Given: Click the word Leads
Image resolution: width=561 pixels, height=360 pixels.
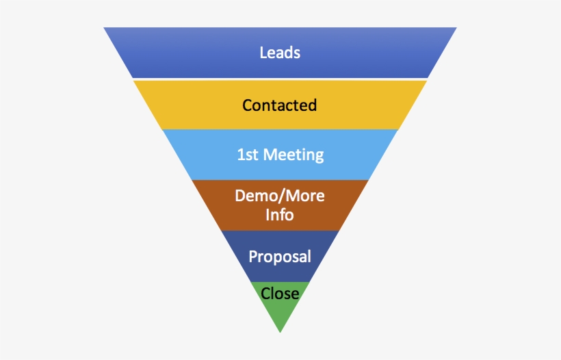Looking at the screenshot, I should (x=280, y=53).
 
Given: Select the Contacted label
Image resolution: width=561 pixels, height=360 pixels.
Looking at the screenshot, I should (x=279, y=105).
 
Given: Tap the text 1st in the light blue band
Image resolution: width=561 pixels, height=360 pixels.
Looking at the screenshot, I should (x=248, y=155).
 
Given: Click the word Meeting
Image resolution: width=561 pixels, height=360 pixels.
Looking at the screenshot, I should (x=293, y=155).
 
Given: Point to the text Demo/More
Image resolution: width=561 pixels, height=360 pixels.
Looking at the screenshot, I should (x=280, y=196).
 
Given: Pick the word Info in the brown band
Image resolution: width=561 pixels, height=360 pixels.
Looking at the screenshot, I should (x=280, y=215).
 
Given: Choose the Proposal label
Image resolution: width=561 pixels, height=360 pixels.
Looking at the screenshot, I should (x=280, y=257).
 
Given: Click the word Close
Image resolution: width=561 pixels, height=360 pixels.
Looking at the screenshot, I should (x=280, y=294).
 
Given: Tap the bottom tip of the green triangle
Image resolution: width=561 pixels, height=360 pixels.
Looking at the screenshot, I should (x=280, y=331).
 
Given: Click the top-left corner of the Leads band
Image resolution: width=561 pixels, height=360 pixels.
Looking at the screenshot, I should (x=105, y=29).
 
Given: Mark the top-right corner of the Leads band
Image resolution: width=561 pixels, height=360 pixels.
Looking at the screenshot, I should (x=456, y=29).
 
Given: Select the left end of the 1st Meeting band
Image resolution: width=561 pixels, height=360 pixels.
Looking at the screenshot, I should (x=178, y=155).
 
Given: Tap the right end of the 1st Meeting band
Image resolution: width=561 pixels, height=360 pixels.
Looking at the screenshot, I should (x=383, y=155).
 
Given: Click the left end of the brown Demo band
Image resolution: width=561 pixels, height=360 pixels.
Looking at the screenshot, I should (x=207, y=205).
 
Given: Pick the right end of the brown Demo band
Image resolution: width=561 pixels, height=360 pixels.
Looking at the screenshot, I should (x=354, y=205).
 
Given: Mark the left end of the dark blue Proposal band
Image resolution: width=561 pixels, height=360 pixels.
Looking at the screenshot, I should (x=236, y=257).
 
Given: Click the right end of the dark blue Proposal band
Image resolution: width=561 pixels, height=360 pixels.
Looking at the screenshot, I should (x=324, y=257).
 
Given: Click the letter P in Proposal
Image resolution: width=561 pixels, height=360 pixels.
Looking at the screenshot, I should (x=253, y=257).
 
